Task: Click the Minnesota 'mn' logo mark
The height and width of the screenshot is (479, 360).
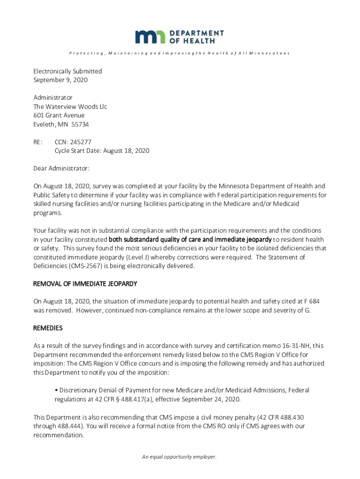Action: click(x=150, y=37)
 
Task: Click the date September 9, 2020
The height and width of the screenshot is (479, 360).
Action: click(x=60, y=80)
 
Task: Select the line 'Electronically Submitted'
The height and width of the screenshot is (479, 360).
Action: click(x=67, y=71)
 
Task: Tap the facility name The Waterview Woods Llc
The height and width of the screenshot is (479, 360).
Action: click(x=70, y=107)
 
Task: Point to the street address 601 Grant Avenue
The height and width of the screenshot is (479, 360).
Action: click(x=59, y=116)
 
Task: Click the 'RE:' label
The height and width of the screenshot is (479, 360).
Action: click(x=38, y=142)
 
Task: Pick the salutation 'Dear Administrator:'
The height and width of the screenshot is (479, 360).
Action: click(x=61, y=168)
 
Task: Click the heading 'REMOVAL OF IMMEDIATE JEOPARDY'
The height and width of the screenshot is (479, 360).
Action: click(x=85, y=284)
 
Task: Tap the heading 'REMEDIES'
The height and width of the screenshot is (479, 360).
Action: click(x=48, y=328)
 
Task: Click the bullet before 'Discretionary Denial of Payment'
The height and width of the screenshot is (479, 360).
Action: click(x=56, y=390)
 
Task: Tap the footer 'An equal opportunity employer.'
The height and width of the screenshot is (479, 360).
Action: click(x=180, y=457)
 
